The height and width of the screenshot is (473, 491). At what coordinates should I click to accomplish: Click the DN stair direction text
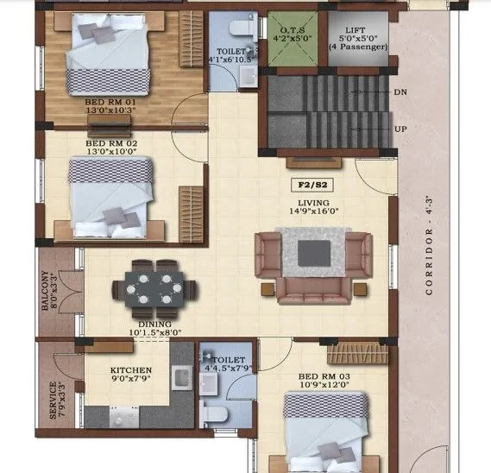[x=400, y=91]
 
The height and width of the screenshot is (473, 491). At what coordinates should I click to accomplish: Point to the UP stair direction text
[x=400, y=129]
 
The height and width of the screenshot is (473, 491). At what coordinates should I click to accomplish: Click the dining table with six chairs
[x=154, y=286]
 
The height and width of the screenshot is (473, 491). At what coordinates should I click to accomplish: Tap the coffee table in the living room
[x=313, y=254]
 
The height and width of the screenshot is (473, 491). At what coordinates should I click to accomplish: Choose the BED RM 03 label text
[x=323, y=376]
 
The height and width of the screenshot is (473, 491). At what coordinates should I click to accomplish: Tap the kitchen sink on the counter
[x=182, y=377]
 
